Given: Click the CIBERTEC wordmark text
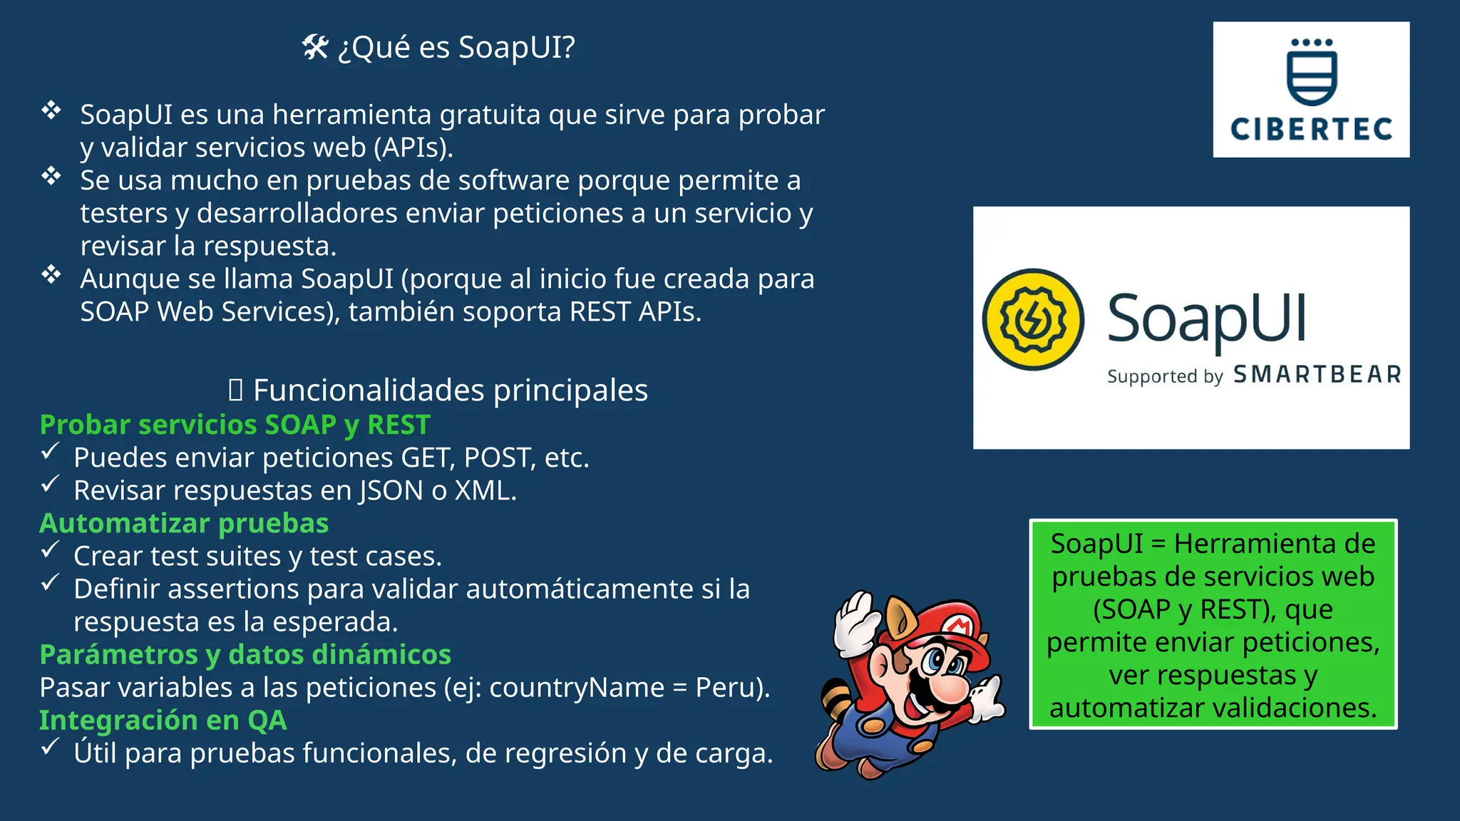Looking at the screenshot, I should tap(1311, 130).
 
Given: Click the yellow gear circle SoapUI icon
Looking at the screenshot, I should tap(1033, 319).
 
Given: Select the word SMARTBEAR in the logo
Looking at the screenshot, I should tap(1317, 375).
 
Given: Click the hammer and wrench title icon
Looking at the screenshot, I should tap(315, 48).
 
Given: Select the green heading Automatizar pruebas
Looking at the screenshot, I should tap(184, 523).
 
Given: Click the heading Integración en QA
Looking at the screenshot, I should tap(163, 721).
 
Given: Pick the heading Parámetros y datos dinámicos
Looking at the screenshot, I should tap(245, 654).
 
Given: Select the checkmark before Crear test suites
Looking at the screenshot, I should tap(50, 550).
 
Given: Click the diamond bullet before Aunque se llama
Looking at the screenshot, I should tap(51, 274).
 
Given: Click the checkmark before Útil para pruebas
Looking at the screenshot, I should tap(50, 747).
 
